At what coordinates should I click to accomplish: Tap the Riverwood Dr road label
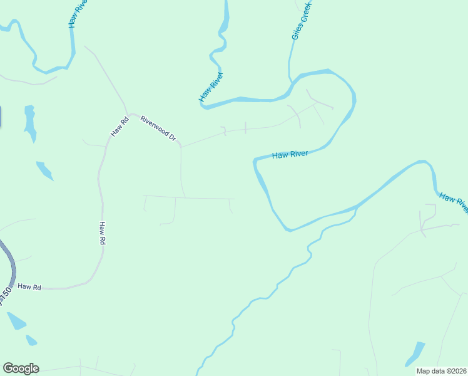[x=158, y=128]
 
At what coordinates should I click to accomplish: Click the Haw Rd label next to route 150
[x=29, y=286]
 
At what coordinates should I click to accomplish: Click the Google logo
[x=21, y=368]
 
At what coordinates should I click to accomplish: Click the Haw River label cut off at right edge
[x=454, y=202]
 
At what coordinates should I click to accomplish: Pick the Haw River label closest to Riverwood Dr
[x=211, y=86]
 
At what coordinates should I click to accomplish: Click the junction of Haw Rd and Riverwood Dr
[x=130, y=115]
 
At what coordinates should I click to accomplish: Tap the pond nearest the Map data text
[x=414, y=353]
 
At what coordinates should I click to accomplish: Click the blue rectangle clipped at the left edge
[x=0, y=117]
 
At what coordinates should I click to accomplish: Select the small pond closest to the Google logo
[x=31, y=340]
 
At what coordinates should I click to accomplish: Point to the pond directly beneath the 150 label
[x=16, y=321]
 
